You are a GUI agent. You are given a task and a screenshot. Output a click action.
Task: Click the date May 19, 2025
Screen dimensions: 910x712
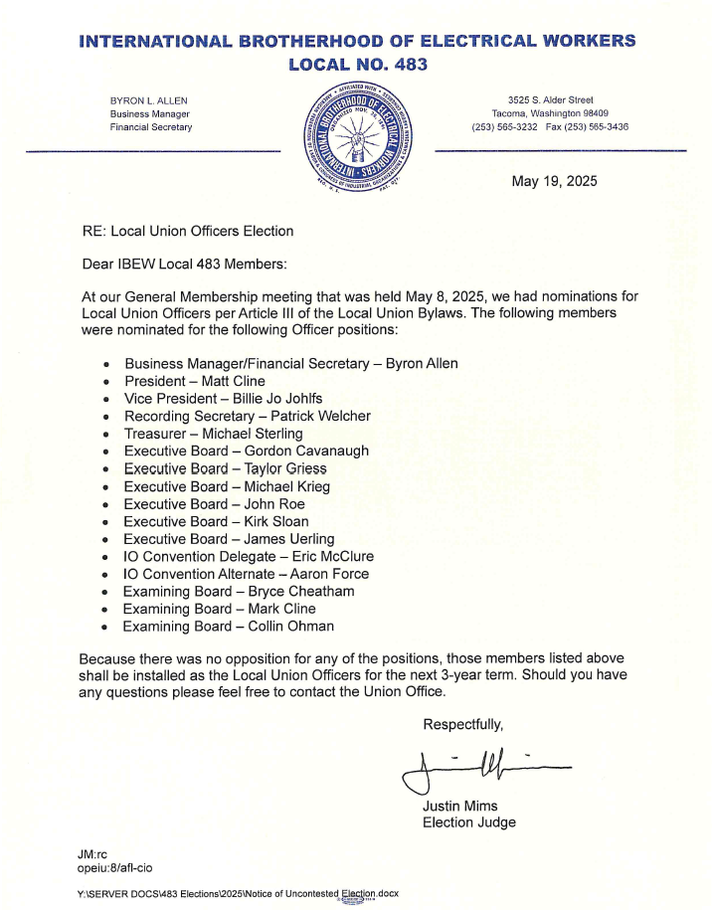point(555,181)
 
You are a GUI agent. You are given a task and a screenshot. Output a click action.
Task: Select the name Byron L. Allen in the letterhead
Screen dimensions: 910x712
point(148,100)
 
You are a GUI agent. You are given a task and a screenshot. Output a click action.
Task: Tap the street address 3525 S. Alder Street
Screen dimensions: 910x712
point(550,99)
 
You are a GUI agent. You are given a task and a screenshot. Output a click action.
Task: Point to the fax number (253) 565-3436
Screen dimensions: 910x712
point(595,127)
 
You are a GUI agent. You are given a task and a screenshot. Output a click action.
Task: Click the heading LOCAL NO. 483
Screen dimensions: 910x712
point(357,65)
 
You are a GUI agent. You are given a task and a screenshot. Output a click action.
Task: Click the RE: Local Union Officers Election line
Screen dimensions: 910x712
point(188,231)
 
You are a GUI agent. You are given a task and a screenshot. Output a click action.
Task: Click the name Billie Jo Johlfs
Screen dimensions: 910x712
point(268,398)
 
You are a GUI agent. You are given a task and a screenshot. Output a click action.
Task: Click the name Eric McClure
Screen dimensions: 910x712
point(328,556)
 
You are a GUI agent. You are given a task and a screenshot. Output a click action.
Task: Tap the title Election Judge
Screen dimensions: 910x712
point(469,822)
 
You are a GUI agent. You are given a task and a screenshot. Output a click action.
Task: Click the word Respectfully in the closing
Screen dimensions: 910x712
point(463,723)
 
